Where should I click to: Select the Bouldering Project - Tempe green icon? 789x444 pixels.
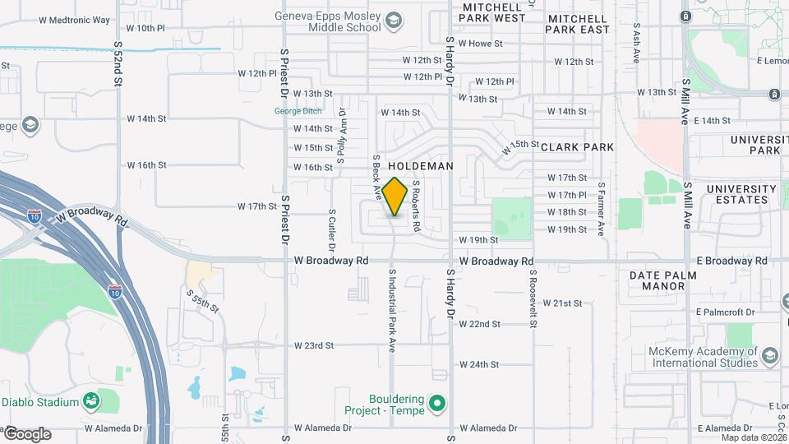[x=437, y=404]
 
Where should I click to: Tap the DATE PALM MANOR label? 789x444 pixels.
[x=657, y=280]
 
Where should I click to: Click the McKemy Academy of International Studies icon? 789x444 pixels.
[x=770, y=357]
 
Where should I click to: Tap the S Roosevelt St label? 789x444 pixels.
[x=533, y=299]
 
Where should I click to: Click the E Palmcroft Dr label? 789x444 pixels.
[x=724, y=312]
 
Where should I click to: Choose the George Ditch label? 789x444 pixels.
[x=298, y=111]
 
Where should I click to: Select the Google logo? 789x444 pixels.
[x=26, y=434]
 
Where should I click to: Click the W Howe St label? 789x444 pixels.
[x=480, y=43]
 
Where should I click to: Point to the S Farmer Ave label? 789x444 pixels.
[x=602, y=210]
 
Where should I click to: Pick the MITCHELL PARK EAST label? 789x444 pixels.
[x=579, y=23]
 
